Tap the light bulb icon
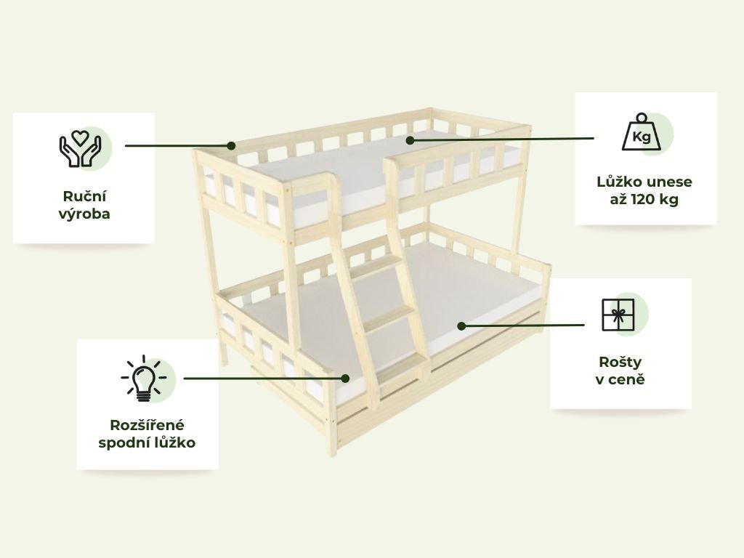click(x=143, y=379)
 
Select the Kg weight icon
click(x=640, y=133)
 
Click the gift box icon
click(x=618, y=315)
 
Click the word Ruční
click(x=84, y=196)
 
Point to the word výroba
click(x=84, y=214)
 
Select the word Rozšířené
click(x=147, y=424)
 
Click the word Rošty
click(x=620, y=362)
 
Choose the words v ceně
click(x=620, y=379)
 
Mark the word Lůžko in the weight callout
click(x=616, y=182)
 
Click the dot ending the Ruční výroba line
click(x=231, y=145)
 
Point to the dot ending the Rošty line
click(x=461, y=325)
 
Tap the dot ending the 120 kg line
click(x=410, y=139)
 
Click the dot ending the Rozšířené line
click(x=346, y=378)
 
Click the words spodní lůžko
click(x=147, y=442)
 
